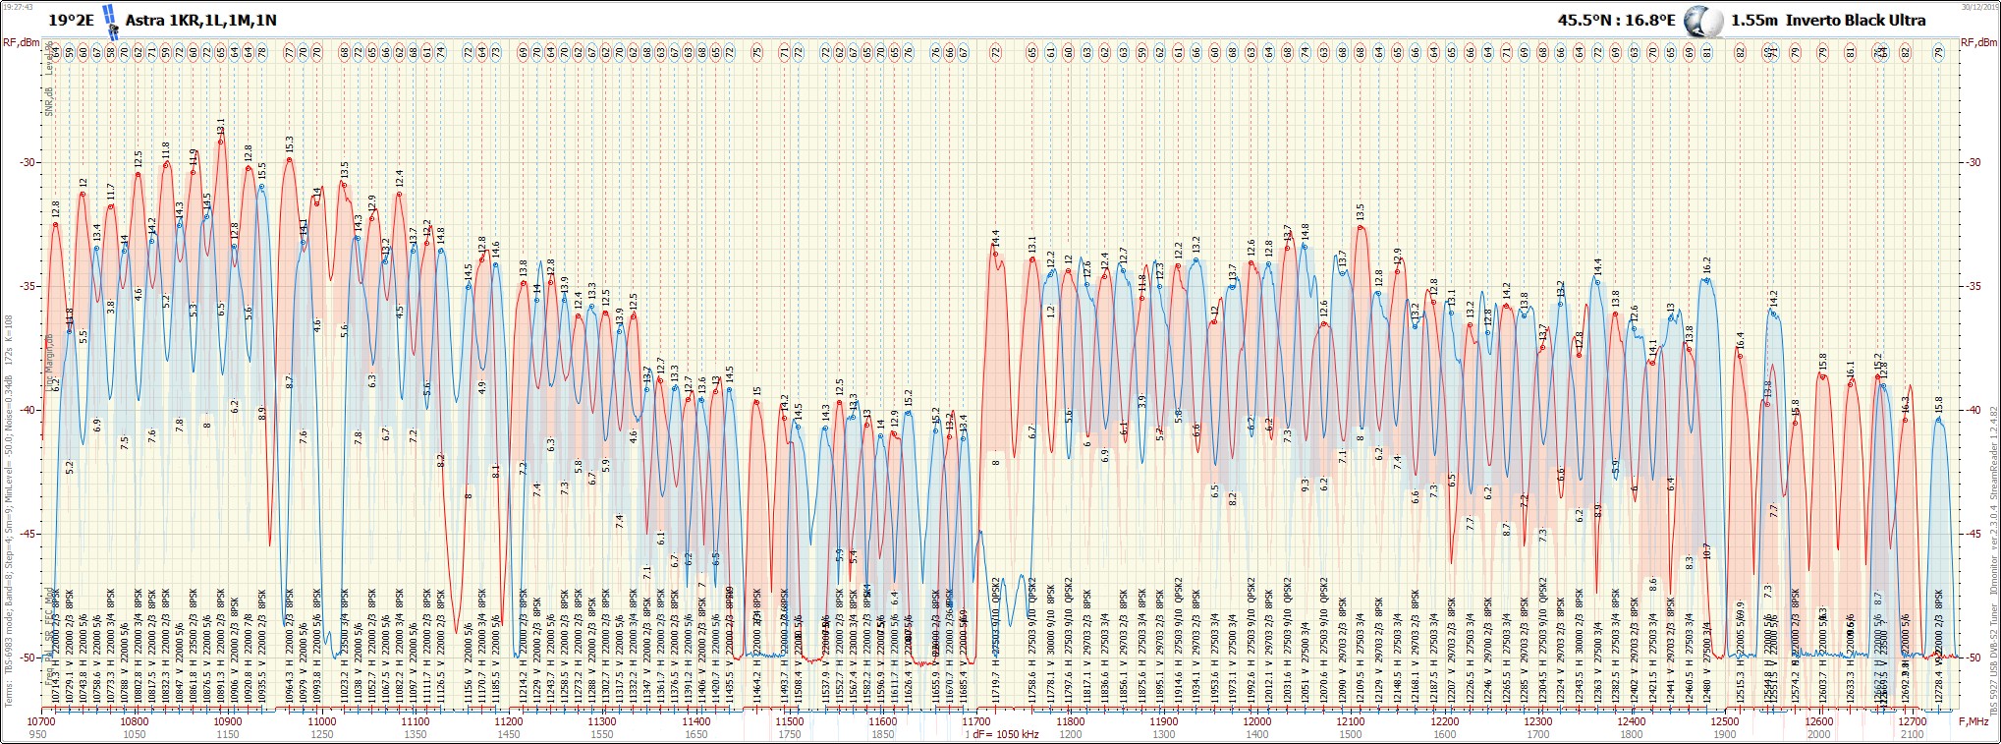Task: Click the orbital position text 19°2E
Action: (x=71, y=20)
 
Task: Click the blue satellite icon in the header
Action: (x=110, y=20)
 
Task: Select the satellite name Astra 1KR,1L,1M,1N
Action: (x=200, y=20)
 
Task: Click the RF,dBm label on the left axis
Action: (x=21, y=42)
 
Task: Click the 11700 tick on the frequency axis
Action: (x=976, y=721)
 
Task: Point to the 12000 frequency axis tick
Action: (x=1257, y=721)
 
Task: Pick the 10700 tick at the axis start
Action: (x=41, y=721)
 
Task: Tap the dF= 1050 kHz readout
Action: (x=1006, y=734)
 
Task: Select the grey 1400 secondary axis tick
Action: (x=1257, y=734)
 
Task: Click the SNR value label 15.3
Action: (x=290, y=145)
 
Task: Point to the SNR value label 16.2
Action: (x=1707, y=265)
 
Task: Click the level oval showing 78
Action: (x=261, y=52)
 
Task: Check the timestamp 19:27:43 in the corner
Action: (x=19, y=5)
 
